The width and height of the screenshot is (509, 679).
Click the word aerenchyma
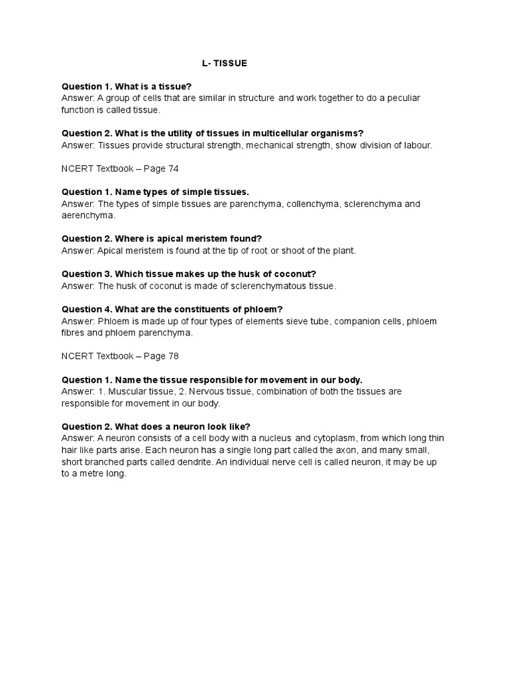point(88,216)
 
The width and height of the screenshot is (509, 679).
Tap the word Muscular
point(128,391)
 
